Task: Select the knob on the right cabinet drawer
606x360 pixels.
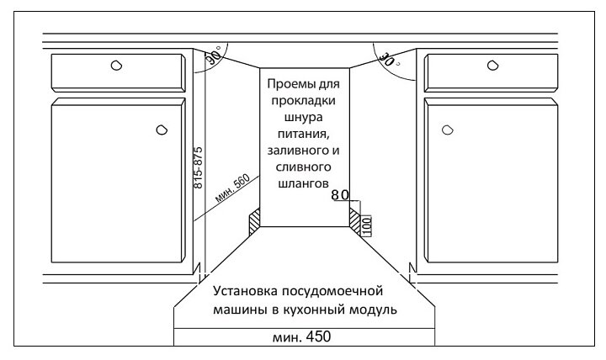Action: (x=491, y=65)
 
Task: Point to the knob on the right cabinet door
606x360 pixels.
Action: (x=447, y=129)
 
